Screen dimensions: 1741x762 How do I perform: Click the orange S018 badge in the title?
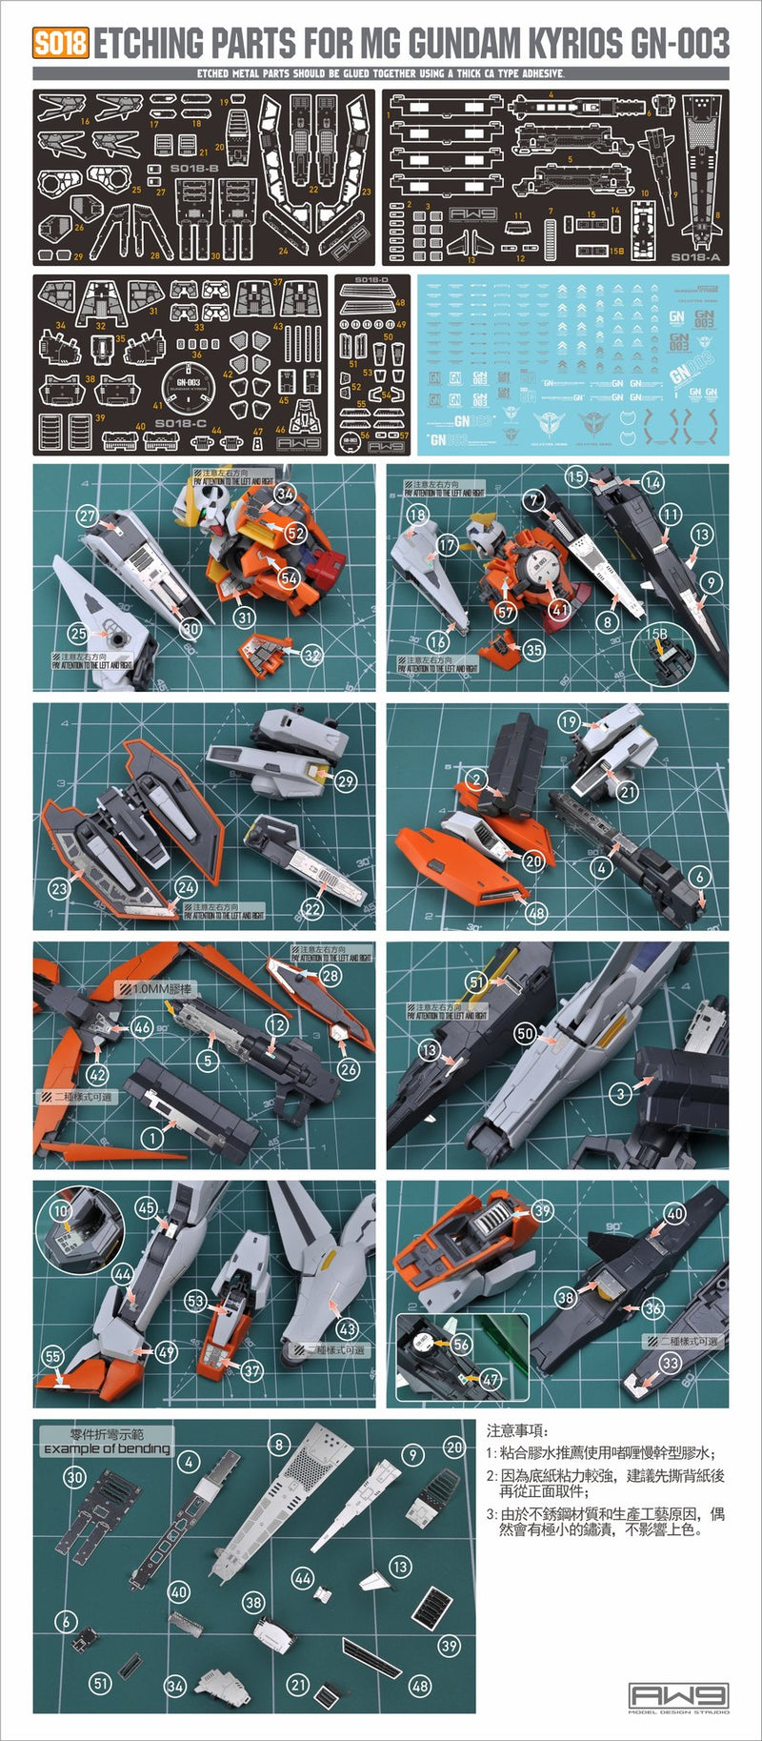60,44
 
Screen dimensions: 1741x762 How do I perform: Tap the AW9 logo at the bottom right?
679,1695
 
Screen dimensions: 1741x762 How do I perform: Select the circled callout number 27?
88,516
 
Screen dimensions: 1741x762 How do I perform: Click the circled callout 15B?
656,634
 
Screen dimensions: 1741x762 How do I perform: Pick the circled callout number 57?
506,612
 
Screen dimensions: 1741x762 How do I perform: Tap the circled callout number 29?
345,780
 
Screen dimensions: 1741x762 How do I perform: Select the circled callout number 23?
59,888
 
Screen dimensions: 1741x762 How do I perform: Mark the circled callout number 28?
330,975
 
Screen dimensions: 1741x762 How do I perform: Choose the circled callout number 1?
152,1137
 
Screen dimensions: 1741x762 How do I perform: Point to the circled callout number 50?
525,1033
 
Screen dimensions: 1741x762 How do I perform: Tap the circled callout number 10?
60,1211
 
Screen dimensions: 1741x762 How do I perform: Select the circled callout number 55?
53,1356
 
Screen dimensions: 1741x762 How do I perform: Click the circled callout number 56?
461,1344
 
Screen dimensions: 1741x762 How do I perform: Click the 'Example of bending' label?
107,1447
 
